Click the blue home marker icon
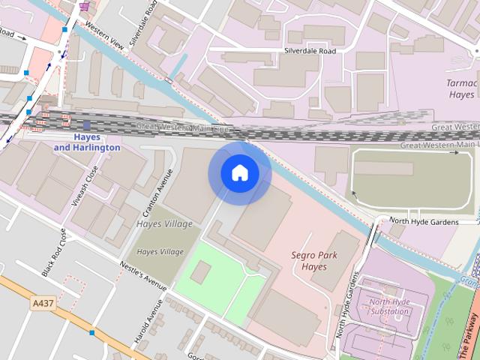coord(239,173)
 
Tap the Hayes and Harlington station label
coord(87,142)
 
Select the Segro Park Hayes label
coord(314,260)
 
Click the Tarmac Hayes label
coord(461,89)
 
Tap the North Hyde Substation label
coord(389,307)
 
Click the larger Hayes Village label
coord(165,223)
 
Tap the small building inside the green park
coord(200,274)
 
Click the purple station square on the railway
coord(87,126)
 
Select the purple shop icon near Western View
coord(84,6)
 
